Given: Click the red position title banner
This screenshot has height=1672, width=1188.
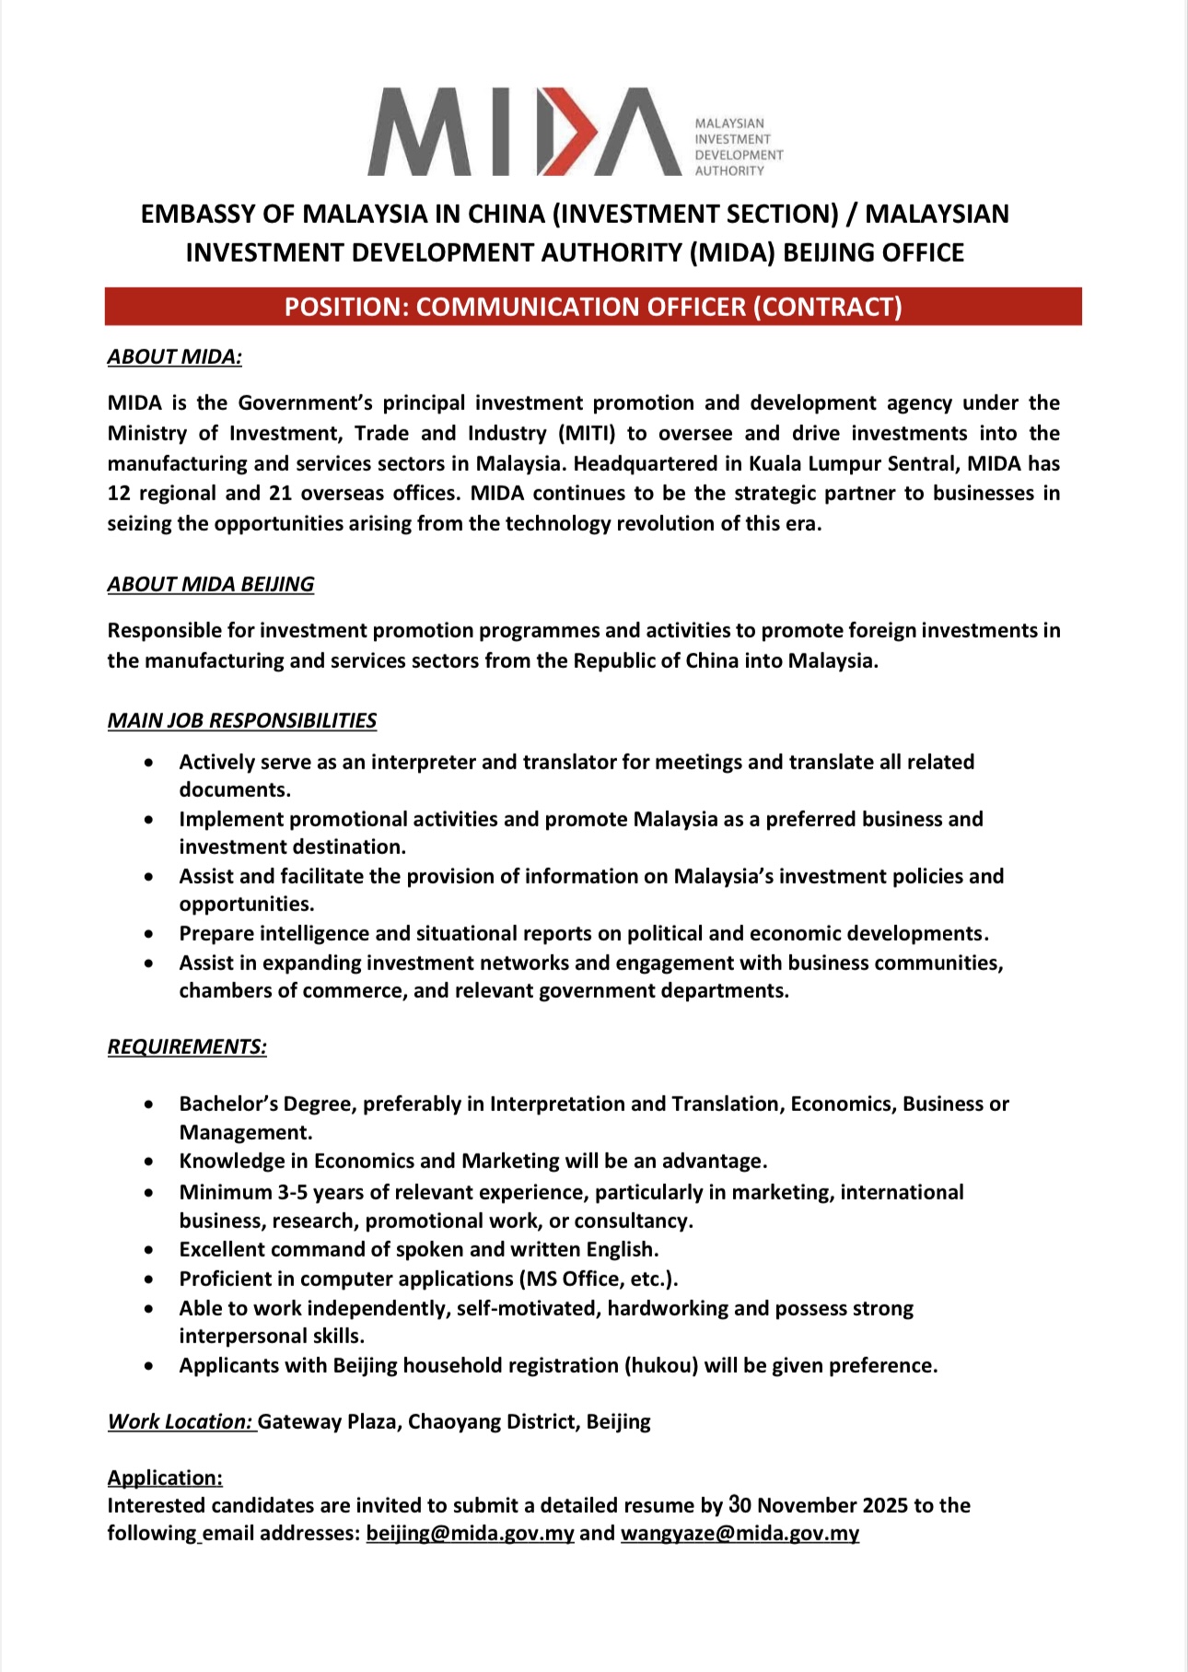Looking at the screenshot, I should (593, 307).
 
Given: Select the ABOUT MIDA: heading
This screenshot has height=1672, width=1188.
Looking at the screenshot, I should (174, 357).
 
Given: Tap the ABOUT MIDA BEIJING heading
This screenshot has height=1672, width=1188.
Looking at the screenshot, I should (210, 584).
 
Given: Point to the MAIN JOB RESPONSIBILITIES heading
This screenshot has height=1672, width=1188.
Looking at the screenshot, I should (241, 720).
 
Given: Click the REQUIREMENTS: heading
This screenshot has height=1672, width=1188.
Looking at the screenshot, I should (187, 1046).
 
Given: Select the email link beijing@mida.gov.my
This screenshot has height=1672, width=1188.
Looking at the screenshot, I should (470, 1533).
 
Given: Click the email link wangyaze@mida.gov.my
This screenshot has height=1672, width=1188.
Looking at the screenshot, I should (740, 1533).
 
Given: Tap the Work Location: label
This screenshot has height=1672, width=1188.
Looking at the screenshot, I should (180, 1421).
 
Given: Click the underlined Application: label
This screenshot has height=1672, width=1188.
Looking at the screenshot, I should (165, 1478).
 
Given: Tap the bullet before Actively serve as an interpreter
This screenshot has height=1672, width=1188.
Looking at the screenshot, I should (149, 763).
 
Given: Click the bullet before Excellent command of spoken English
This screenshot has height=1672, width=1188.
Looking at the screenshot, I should (149, 1250).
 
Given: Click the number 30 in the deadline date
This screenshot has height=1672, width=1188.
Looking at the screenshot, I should (740, 1504).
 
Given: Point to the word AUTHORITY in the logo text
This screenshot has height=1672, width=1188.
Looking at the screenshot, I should (729, 171).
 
